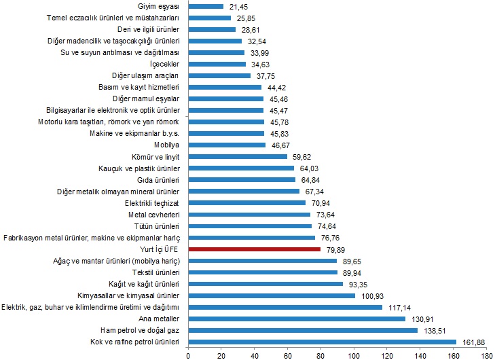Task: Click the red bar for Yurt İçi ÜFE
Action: [254, 249]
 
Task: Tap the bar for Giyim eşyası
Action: [205, 6]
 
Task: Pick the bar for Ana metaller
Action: [296, 319]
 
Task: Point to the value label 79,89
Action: [336, 249]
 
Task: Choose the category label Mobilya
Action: [166, 145]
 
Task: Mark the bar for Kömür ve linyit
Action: [237, 156]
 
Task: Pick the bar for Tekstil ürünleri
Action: [262, 272]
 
